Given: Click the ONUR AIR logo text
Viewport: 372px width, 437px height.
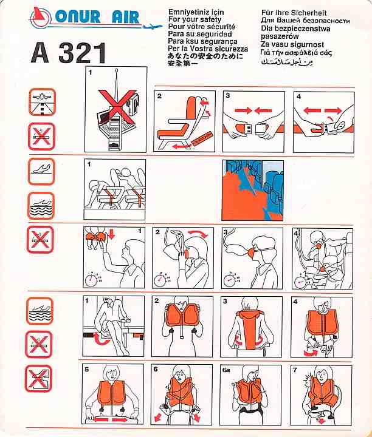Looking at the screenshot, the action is click(97, 16).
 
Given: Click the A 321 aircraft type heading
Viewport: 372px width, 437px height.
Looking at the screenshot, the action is click(69, 53).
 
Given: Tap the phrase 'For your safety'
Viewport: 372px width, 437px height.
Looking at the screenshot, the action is click(195, 19).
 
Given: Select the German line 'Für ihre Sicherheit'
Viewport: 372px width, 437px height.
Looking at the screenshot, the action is click(294, 13).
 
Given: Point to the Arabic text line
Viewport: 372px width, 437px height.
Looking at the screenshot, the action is click(287, 61).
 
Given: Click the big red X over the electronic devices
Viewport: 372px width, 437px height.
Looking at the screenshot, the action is click(117, 106).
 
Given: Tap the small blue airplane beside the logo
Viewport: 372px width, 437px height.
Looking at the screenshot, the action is click(153, 27).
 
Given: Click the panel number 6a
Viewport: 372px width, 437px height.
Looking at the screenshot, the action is click(226, 370).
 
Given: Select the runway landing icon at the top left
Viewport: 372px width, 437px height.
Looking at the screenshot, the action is click(43, 102).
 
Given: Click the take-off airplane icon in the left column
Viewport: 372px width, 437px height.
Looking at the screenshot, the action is click(41, 171).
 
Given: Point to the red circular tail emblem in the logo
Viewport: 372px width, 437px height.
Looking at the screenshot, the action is click(40, 17).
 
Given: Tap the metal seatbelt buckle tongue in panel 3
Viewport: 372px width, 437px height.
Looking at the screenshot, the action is click(245, 130).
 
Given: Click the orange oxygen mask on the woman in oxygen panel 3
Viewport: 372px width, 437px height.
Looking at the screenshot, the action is click(252, 253).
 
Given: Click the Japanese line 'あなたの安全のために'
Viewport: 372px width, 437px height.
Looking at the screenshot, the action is click(205, 56).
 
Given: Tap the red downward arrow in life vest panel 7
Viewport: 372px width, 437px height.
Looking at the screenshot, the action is click(322, 420).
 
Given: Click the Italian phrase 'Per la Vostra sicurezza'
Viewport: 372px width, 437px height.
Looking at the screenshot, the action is click(208, 49).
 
